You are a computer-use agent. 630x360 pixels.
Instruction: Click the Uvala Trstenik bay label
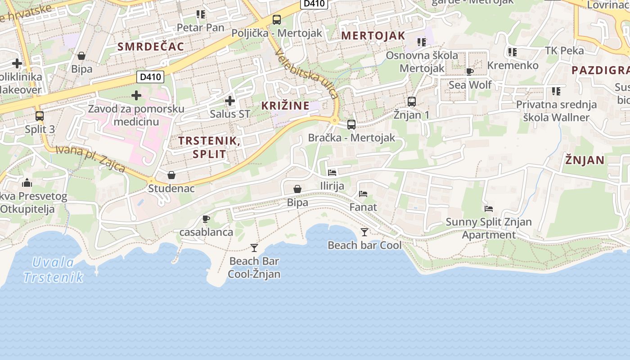click(53, 270)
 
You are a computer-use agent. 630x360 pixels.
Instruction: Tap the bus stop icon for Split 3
click(40, 116)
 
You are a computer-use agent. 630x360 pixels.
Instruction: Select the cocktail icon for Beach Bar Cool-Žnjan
click(254, 248)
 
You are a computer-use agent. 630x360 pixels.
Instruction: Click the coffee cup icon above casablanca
click(206, 219)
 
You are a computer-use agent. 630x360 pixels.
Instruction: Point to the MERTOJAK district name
click(373, 36)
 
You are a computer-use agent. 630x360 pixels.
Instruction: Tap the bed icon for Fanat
click(363, 194)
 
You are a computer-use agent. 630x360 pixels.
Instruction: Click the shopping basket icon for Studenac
click(171, 175)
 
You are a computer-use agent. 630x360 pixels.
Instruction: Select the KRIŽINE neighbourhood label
click(286, 106)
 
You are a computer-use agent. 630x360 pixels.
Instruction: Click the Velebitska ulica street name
click(306, 74)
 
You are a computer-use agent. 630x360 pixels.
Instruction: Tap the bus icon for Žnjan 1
click(412, 102)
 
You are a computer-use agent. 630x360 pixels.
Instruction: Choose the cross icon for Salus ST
click(229, 101)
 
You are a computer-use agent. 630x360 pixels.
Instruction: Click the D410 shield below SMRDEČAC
click(150, 77)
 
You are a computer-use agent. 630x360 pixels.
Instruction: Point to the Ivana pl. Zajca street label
click(90, 158)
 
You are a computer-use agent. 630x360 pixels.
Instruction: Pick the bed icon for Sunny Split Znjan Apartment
click(489, 209)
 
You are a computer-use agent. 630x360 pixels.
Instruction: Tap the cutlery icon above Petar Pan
click(201, 14)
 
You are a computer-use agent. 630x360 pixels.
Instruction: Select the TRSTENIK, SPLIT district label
click(209, 147)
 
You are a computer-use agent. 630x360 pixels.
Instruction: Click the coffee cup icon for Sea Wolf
click(470, 72)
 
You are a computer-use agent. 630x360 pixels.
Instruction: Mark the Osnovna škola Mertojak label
click(422, 62)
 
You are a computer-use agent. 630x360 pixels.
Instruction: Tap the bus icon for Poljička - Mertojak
click(277, 20)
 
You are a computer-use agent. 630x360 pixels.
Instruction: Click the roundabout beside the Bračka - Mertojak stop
click(334, 120)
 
